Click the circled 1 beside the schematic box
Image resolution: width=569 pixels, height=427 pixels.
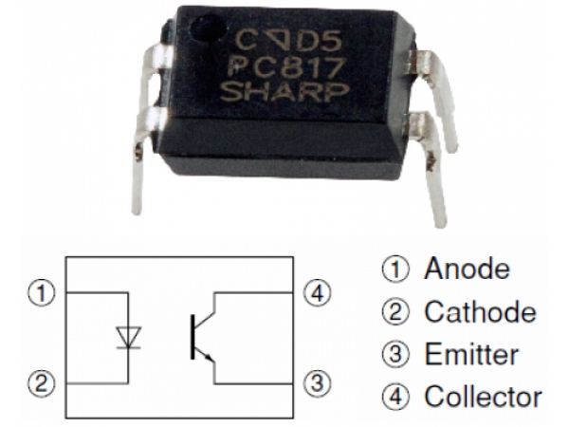click(39, 290)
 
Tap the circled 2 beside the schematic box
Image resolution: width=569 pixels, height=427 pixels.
click(39, 383)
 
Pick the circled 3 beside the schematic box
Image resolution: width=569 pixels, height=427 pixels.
click(321, 383)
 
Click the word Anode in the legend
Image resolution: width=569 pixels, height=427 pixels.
click(467, 269)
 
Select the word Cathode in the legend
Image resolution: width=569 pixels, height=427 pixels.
click(480, 312)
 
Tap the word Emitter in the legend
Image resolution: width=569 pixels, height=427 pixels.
click(471, 355)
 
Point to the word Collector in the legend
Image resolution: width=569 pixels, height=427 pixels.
click(483, 397)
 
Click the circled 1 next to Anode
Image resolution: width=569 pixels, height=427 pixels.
click(393, 269)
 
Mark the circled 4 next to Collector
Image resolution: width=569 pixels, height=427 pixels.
click(393, 397)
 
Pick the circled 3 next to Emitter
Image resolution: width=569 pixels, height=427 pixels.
click(393, 355)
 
